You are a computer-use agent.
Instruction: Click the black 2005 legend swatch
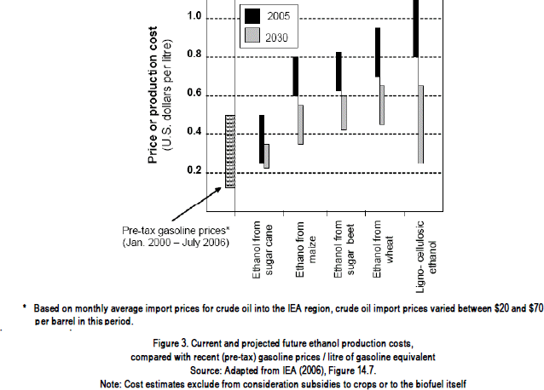(x=252, y=15)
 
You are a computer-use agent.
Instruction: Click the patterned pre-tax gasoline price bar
(x=230, y=151)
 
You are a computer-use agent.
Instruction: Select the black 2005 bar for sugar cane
(x=262, y=138)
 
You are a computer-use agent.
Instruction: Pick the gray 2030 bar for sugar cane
(x=267, y=156)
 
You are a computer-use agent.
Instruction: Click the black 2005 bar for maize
(x=295, y=77)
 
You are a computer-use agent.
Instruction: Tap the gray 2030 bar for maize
(x=300, y=124)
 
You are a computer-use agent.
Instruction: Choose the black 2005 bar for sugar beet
(x=339, y=72)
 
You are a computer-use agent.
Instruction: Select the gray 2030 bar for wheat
(x=382, y=105)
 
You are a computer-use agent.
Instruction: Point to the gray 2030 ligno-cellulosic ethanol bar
(x=420, y=123)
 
